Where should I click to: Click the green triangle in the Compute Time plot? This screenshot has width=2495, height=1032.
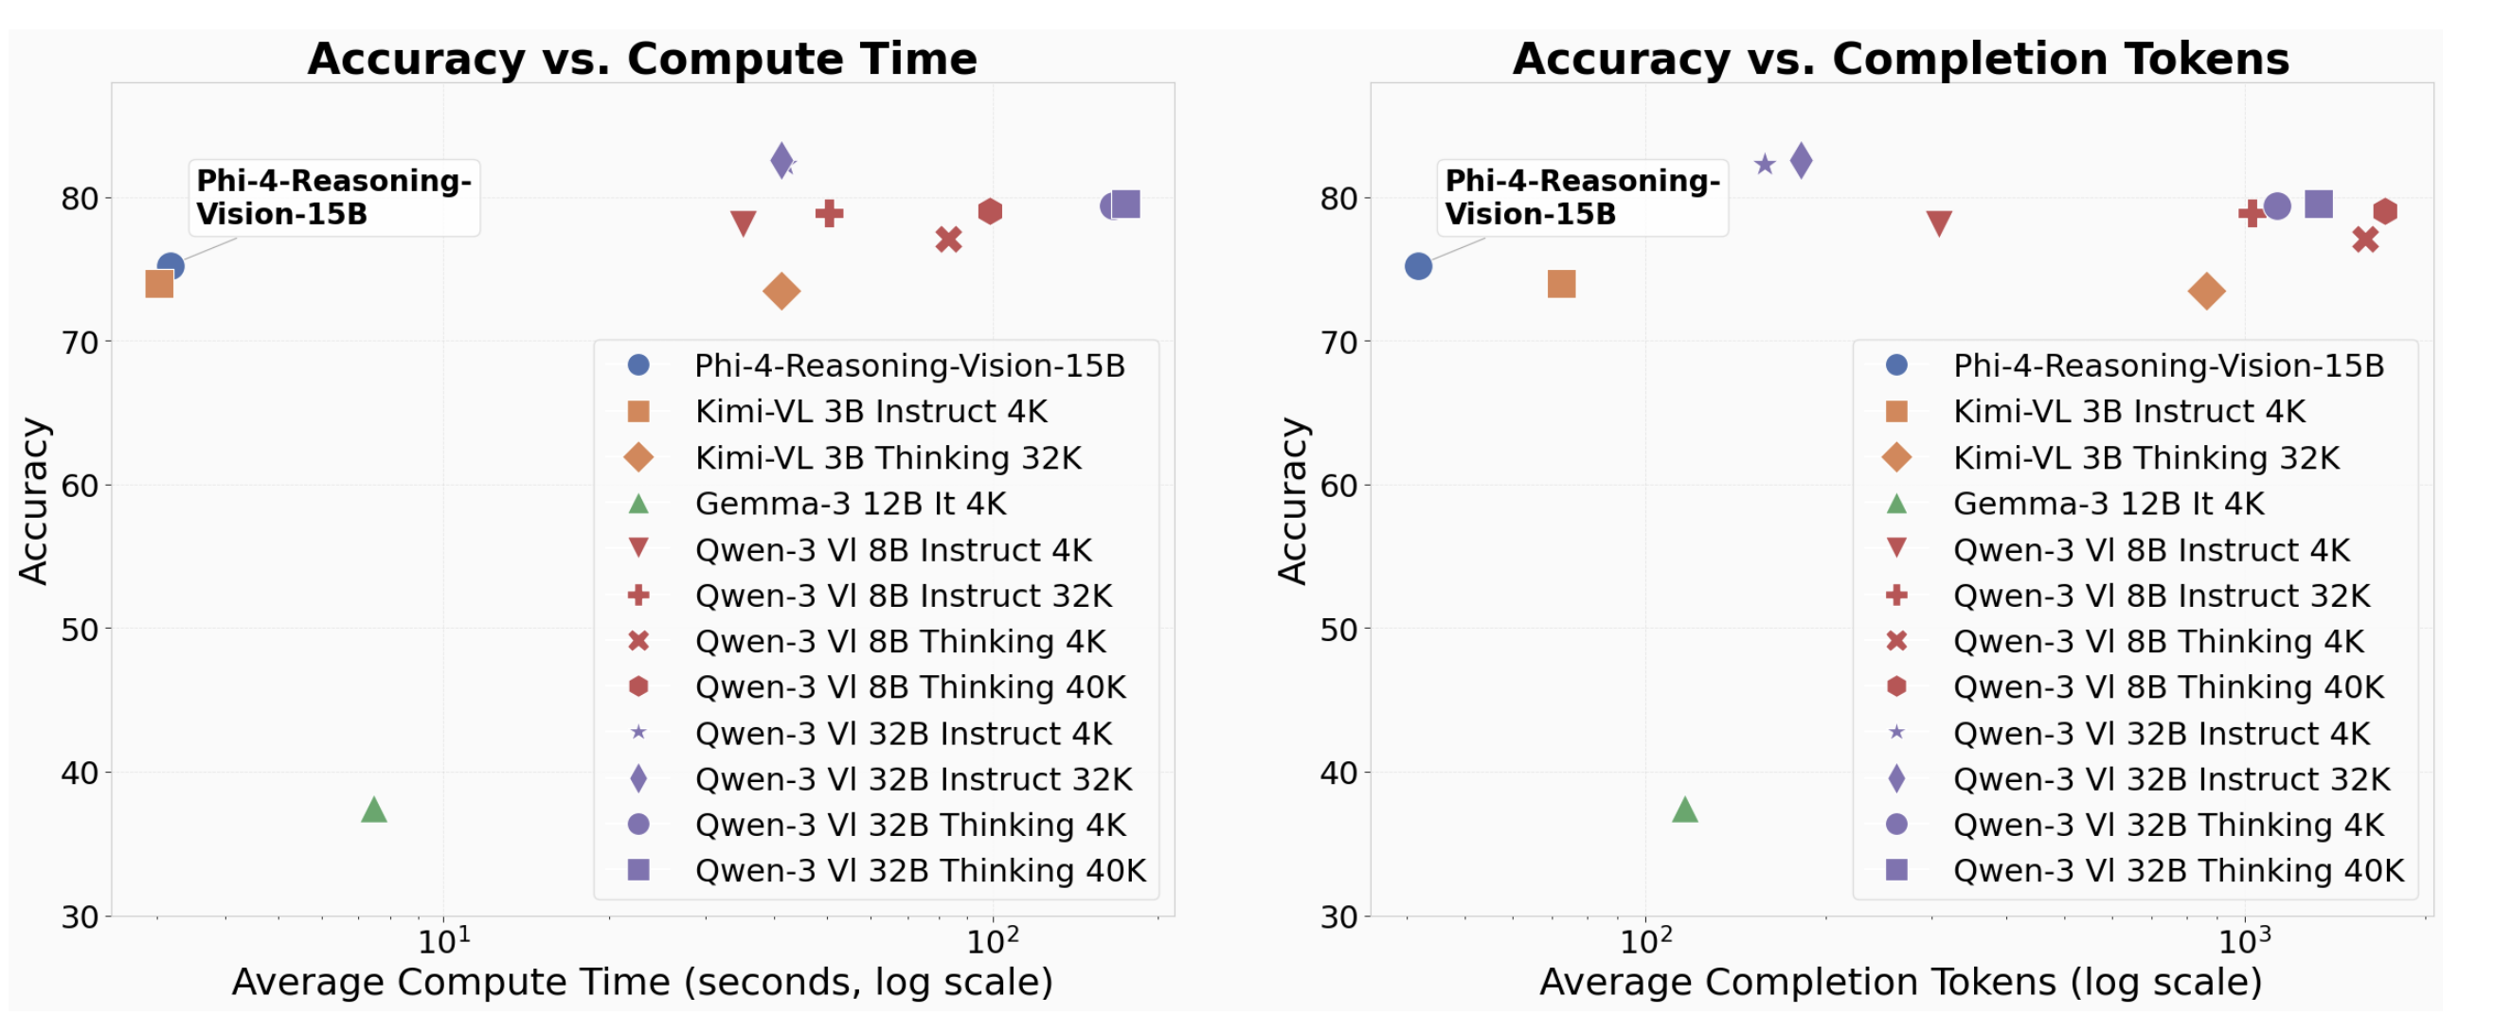coord(374,810)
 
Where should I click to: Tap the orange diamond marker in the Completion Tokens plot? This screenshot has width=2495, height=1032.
coord(2205,292)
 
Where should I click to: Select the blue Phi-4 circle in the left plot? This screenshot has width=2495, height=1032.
coord(171,265)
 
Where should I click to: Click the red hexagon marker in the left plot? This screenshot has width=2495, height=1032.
coord(989,211)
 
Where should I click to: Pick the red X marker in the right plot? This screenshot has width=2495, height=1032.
coord(2364,240)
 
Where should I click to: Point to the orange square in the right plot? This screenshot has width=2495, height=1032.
coord(1560,284)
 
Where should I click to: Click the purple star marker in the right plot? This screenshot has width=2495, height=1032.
coord(1764,165)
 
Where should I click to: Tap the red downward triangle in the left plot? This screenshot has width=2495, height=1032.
coord(743,223)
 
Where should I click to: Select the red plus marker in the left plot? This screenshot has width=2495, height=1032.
coord(828,213)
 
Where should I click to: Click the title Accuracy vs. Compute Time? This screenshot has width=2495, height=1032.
coord(642,59)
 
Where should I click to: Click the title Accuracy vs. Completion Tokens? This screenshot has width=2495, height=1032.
coord(1900,59)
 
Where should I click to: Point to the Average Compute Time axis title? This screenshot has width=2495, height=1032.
coord(642,982)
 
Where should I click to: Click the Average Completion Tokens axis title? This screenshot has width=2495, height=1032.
coord(1900,982)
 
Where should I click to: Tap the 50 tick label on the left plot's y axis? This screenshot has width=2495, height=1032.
coord(80,630)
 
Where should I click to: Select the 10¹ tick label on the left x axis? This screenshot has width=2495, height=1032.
coord(443,941)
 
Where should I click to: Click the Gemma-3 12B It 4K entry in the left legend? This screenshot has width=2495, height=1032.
coord(850,504)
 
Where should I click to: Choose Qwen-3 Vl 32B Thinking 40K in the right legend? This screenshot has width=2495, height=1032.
coord(2178,870)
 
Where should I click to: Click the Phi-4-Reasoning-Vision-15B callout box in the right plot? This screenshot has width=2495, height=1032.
coord(1581,198)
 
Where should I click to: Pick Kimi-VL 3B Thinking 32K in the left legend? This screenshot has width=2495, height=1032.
coord(888,458)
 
